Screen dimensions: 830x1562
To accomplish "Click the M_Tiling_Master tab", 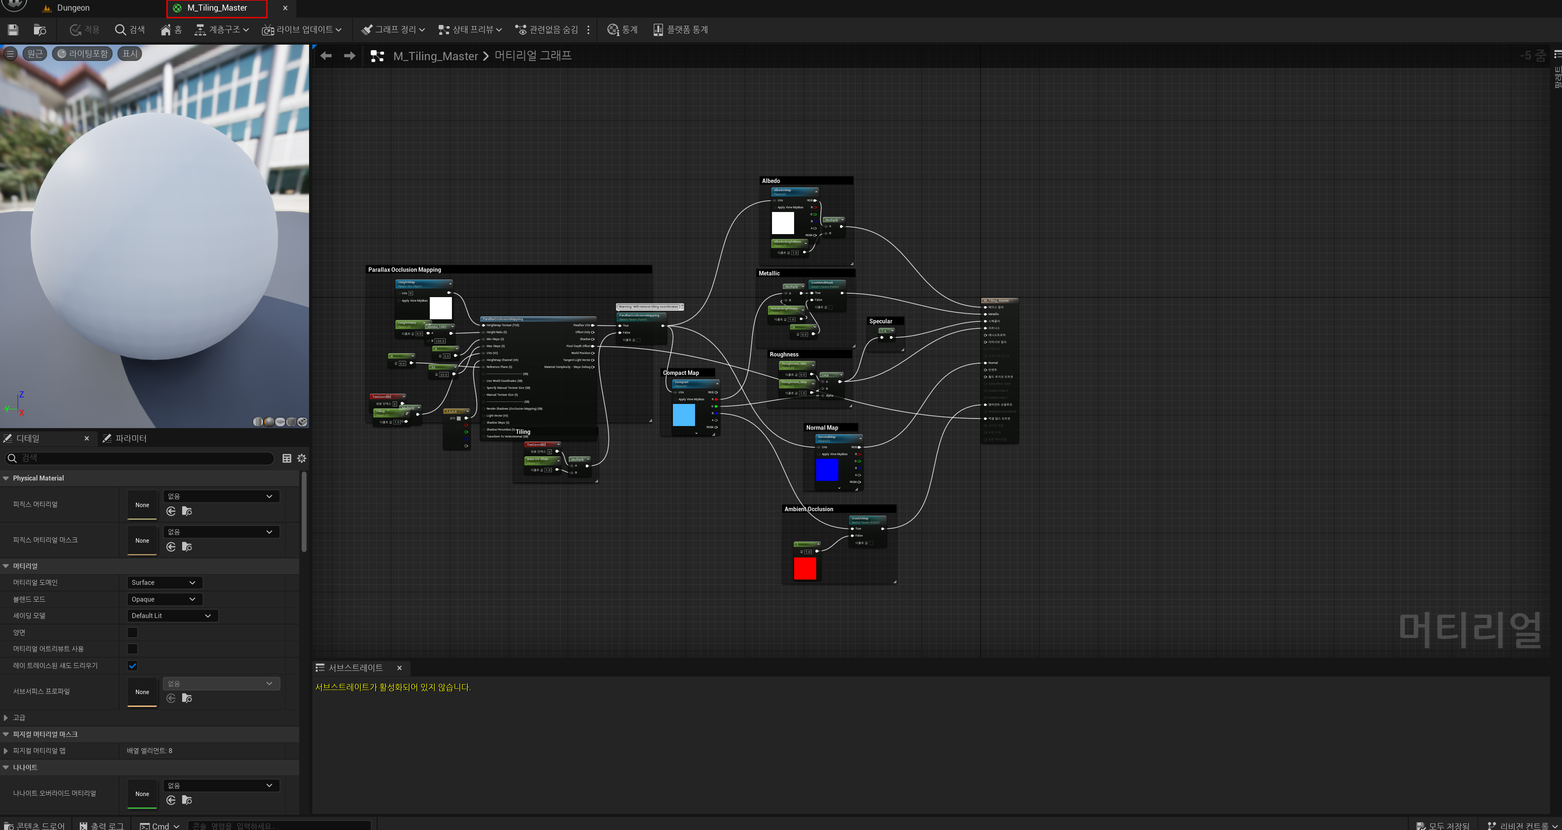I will click(x=217, y=8).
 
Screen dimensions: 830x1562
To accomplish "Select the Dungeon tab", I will click(x=73, y=8).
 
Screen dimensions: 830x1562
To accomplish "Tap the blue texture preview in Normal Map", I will click(x=826, y=470).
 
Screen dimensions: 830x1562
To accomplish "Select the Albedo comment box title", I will click(x=771, y=180).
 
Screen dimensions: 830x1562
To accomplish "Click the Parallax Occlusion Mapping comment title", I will click(x=404, y=270).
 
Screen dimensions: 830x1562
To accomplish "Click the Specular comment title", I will click(x=880, y=321).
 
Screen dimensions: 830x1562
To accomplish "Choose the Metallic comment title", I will click(x=769, y=273).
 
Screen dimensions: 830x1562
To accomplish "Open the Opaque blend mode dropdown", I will click(x=163, y=599).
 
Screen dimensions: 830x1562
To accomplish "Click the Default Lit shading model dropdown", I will click(x=172, y=616).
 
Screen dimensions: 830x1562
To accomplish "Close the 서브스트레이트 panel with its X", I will click(x=399, y=668).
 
